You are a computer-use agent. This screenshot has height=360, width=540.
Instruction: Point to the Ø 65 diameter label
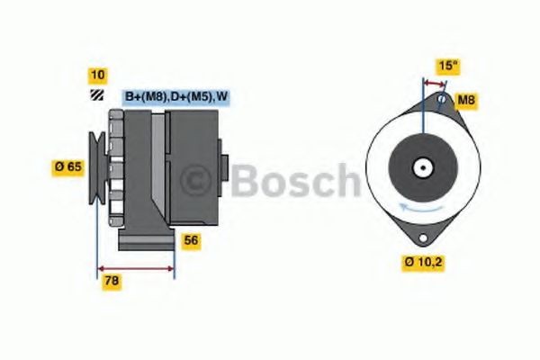pos(69,166)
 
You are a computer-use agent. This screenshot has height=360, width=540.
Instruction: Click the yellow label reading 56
pos(191,240)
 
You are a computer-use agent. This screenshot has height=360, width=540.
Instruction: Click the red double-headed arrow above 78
pos(135,267)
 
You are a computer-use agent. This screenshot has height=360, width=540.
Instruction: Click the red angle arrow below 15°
pos(435,85)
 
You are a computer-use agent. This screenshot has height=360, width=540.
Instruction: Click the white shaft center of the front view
pos(421,166)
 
